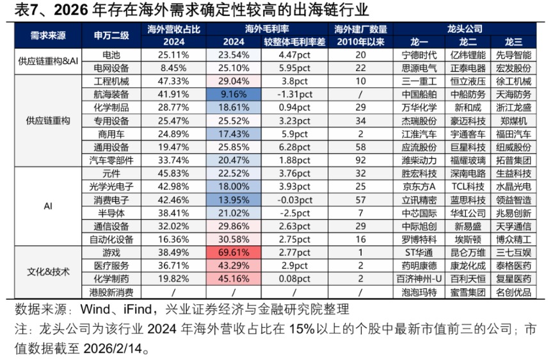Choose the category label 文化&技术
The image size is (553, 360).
coord(44,272)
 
